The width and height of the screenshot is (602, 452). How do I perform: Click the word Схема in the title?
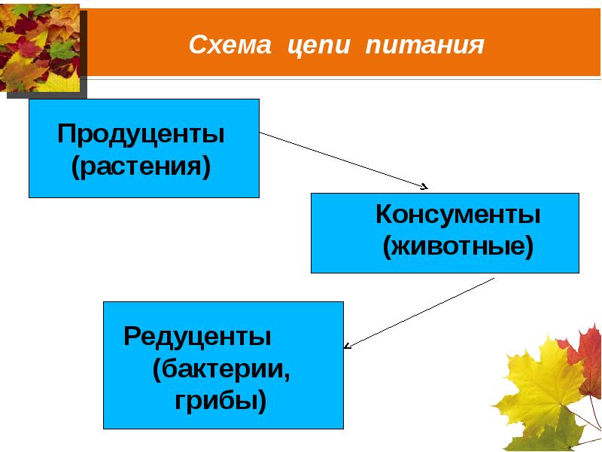tap(230, 45)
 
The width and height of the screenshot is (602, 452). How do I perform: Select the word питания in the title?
tap(424, 46)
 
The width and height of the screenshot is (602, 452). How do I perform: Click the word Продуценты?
tap(141, 136)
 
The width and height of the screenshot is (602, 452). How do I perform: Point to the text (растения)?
tap(141, 166)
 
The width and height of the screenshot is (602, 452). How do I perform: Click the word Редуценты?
tap(197, 335)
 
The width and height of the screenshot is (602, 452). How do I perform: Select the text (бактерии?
tap(221, 369)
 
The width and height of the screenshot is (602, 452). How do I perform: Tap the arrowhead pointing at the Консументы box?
tap(424, 186)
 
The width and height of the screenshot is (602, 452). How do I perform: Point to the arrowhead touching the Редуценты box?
tap(348, 346)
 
